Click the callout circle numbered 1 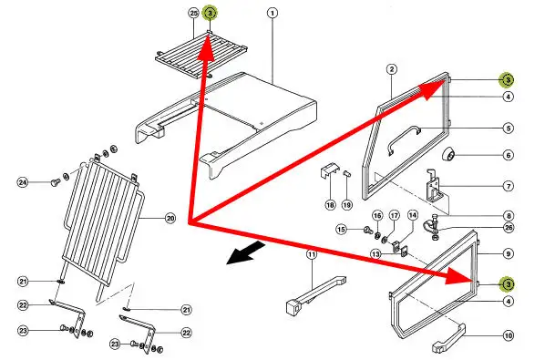click(x=272, y=13)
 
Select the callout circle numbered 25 click(x=193, y=13)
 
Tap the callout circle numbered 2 click(x=392, y=69)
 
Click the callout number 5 click(x=509, y=129)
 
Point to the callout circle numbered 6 click(x=509, y=155)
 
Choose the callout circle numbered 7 click(x=509, y=186)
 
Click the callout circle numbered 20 click(x=170, y=219)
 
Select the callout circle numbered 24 click(x=23, y=182)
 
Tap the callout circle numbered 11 click(x=312, y=254)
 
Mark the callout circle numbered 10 click(x=509, y=335)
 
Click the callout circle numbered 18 click(x=330, y=205)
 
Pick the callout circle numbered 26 click(x=509, y=228)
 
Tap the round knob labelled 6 click(x=448, y=154)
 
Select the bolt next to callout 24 click(x=55, y=182)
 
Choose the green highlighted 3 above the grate click(x=210, y=13)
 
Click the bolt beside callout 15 click(x=367, y=230)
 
